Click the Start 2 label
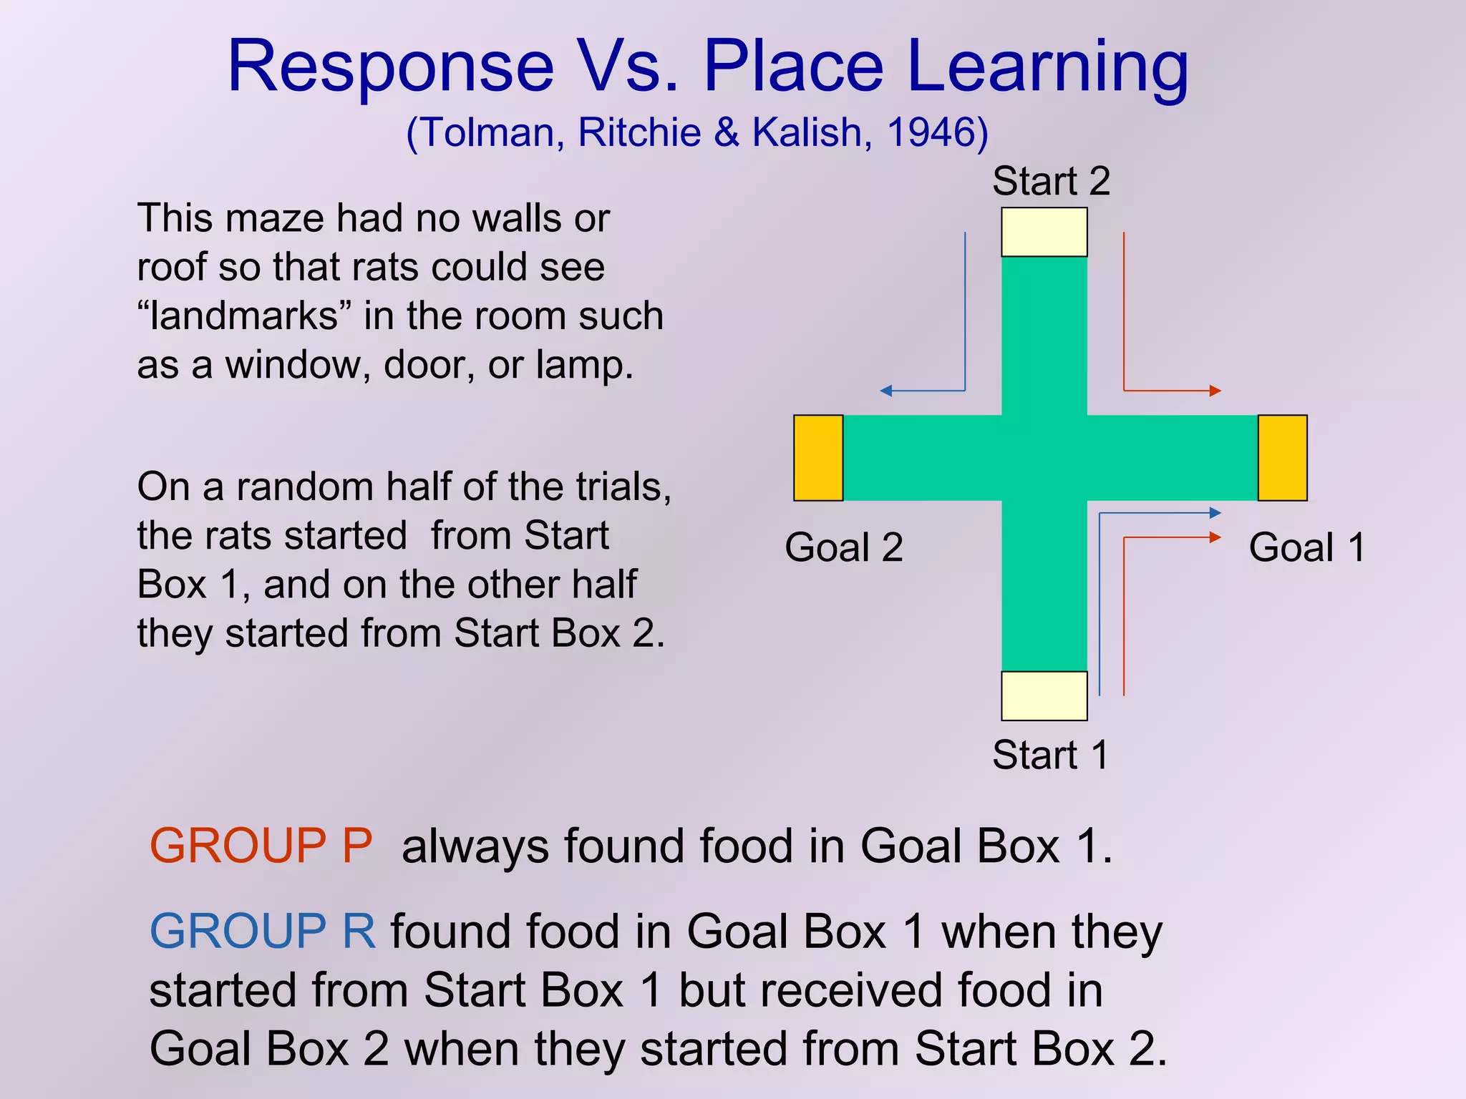pyautogui.click(x=1050, y=181)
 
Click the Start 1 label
pyautogui.click(x=1050, y=755)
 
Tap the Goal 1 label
pyautogui.click(x=1307, y=548)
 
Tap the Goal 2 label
pyautogui.click(x=843, y=548)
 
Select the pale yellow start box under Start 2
pyautogui.click(x=1044, y=232)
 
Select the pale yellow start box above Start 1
pyautogui.click(x=1044, y=695)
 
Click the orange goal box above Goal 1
pyautogui.click(x=1282, y=458)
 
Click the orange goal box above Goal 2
pyautogui.click(x=818, y=458)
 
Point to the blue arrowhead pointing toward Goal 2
pyautogui.click(x=885, y=391)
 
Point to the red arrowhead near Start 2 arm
pyautogui.click(x=1215, y=391)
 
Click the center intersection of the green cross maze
pyautogui.click(x=1044, y=458)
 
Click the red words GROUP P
pyautogui.click(x=261, y=846)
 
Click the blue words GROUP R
pyautogui.click(x=262, y=932)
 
